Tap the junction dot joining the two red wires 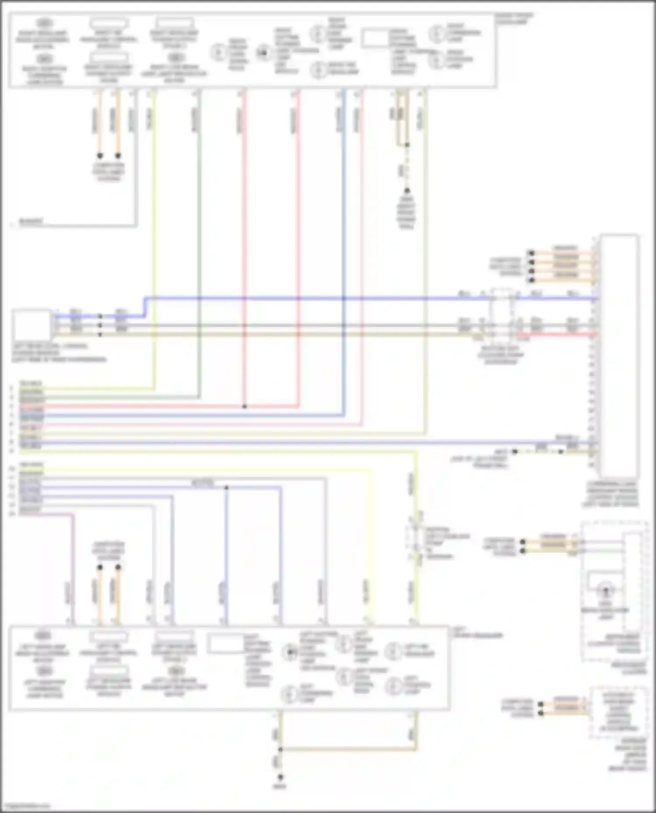tap(244, 407)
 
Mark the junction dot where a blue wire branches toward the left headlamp tap(226, 488)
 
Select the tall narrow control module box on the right tap(619, 356)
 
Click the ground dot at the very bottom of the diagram tap(280, 777)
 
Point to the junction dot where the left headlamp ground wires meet tap(280, 750)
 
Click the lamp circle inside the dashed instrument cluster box tap(606, 591)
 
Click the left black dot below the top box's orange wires tap(100, 156)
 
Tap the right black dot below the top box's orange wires tap(118, 156)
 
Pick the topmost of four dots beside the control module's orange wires tap(531, 253)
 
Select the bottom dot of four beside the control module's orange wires tap(531, 280)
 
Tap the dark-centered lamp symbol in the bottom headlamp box tap(289, 652)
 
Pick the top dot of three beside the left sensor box tap(100, 316)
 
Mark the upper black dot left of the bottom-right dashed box tap(541, 704)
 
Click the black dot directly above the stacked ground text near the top tap(407, 191)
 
